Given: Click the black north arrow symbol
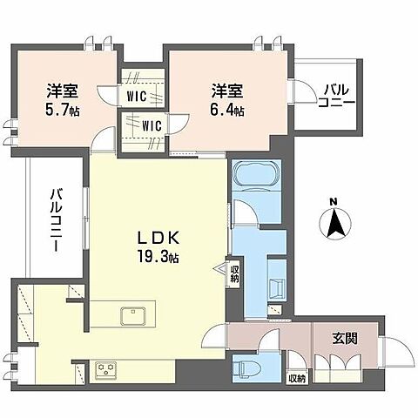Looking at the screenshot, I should (333, 225).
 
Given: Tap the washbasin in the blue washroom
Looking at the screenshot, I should (278, 290).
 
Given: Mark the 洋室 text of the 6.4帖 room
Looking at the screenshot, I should (226, 91).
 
